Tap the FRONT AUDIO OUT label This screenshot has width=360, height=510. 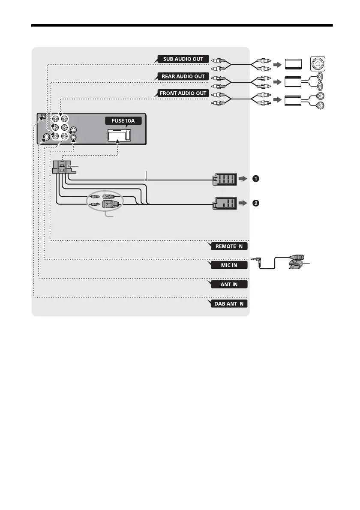[183, 93]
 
